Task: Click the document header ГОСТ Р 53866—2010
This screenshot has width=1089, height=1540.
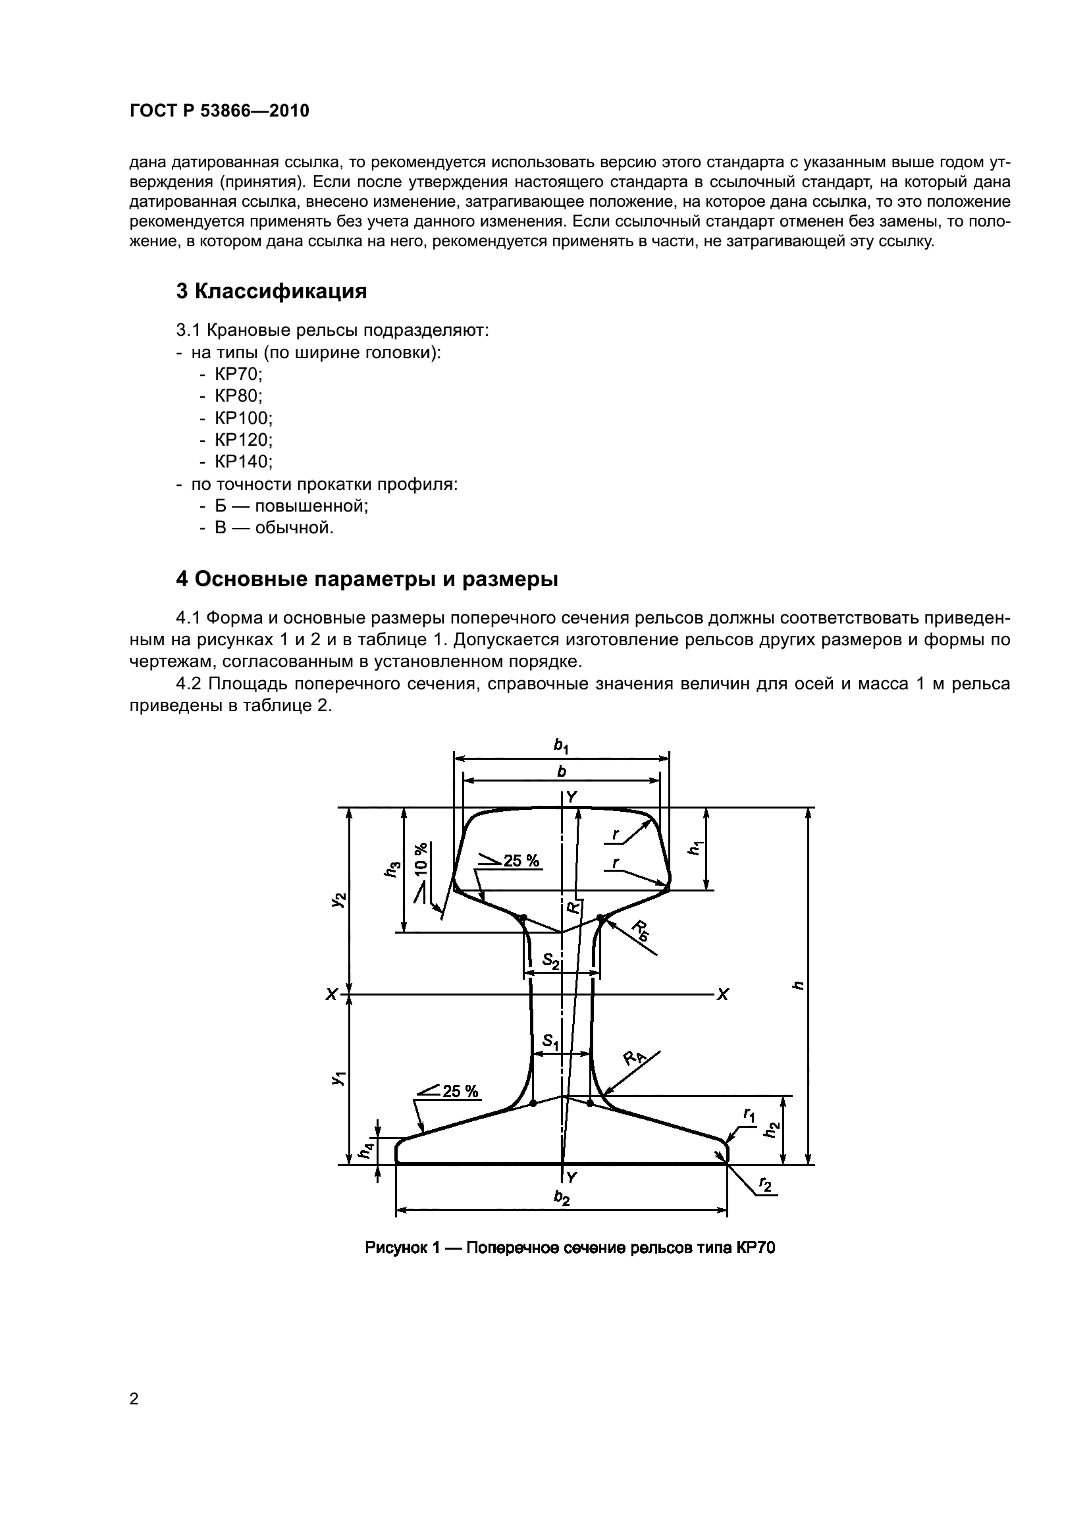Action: click(x=219, y=111)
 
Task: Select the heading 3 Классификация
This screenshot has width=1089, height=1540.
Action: click(x=271, y=291)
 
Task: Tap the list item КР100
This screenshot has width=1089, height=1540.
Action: click(x=243, y=418)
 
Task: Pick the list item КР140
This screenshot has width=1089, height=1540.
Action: click(x=243, y=462)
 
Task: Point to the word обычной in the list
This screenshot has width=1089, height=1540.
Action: click(x=293, y=528)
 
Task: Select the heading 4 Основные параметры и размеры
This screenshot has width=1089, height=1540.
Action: click(x=367, y=579)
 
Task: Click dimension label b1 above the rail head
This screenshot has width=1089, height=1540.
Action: click(x=560, y=745)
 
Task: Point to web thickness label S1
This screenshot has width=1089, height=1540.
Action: click(x=550, y=1042)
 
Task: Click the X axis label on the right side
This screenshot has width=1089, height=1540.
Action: click(x=722, y=995)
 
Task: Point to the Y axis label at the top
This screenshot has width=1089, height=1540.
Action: click(x=571, y=797)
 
